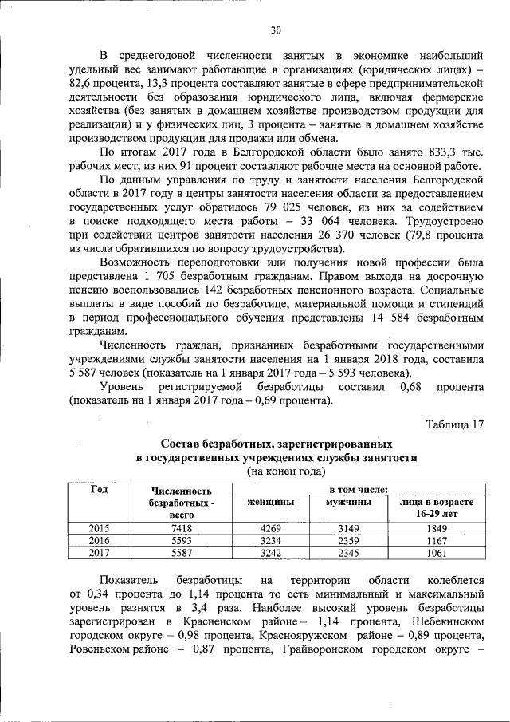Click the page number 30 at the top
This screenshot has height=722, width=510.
pos(276,30)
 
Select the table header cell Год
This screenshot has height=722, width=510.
pos(100,490)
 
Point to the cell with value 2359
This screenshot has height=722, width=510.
pos(347,540)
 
